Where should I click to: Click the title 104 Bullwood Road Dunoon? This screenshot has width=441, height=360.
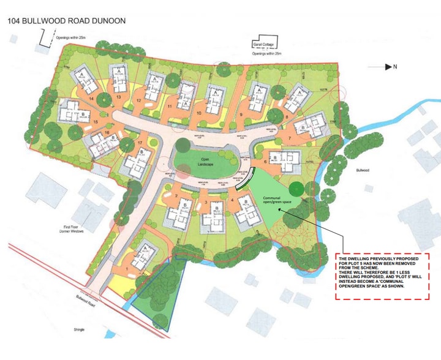pyautogui.click(x=67, y=21)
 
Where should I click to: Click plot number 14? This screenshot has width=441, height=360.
pyautogui.click(x=91, y=98)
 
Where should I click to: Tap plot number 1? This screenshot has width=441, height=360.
pyautogui.click(x=127, y=268)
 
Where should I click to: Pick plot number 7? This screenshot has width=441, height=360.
pyautogui.click(x=288, y=139)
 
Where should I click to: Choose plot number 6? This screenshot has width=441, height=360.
pyautogui.click(x=265, y=162)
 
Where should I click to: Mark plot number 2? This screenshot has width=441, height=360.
pyautogui.click(x=176, y=196)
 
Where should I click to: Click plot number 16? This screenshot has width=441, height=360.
pyautogui.click(x=107, y=133)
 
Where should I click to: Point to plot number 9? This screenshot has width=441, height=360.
pyautogui.click(x=241, y=114)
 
